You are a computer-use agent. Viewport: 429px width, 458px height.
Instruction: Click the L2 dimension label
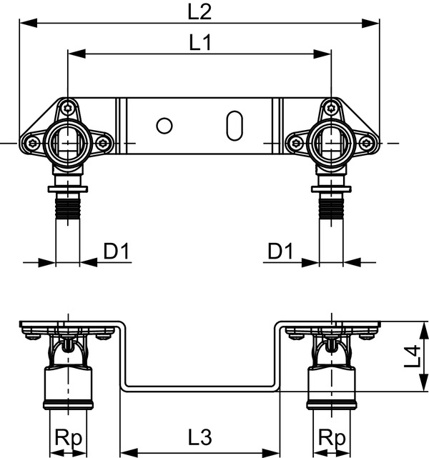coord(199,12)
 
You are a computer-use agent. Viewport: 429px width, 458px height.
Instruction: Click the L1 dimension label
coord(200,43)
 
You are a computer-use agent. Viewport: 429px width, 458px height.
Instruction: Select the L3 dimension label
coord(200,437)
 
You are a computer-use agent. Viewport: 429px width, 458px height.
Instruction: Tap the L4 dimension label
coord(413,356)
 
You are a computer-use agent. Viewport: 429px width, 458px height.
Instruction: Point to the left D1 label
coord(117,252)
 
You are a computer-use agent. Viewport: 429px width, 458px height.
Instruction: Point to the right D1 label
coord(280,252)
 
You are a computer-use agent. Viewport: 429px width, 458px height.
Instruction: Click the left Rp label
coord(69,437)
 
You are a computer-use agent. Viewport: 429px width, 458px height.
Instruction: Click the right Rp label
coord(332,437)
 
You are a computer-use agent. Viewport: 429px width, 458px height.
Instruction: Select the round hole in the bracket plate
coord(164,126)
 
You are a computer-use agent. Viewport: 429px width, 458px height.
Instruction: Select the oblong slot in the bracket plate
coord(235,126)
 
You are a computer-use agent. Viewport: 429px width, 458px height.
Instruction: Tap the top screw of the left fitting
coord(68,109)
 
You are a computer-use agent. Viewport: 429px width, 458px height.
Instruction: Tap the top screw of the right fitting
coord(331,109)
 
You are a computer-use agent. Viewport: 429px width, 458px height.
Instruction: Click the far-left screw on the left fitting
coord(32,143)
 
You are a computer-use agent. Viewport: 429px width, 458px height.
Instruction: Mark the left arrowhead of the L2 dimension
coord(29,23)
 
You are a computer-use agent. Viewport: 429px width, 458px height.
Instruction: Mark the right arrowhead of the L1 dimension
coord(322,54)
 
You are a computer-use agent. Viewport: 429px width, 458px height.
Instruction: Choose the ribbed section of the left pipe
coord(68,208)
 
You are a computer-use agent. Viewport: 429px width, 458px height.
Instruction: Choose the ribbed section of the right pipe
coord(331,208)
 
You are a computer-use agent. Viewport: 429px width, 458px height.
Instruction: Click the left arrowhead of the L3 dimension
coord(129,453)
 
